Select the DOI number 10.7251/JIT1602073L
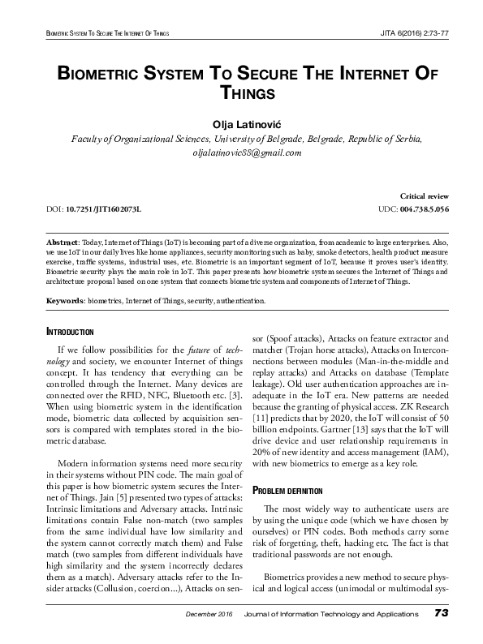[x=101, y=209]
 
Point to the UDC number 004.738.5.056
[x=425, y=209]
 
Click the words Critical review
[x=425, y=197]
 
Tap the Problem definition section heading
[x=288, y=491]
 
